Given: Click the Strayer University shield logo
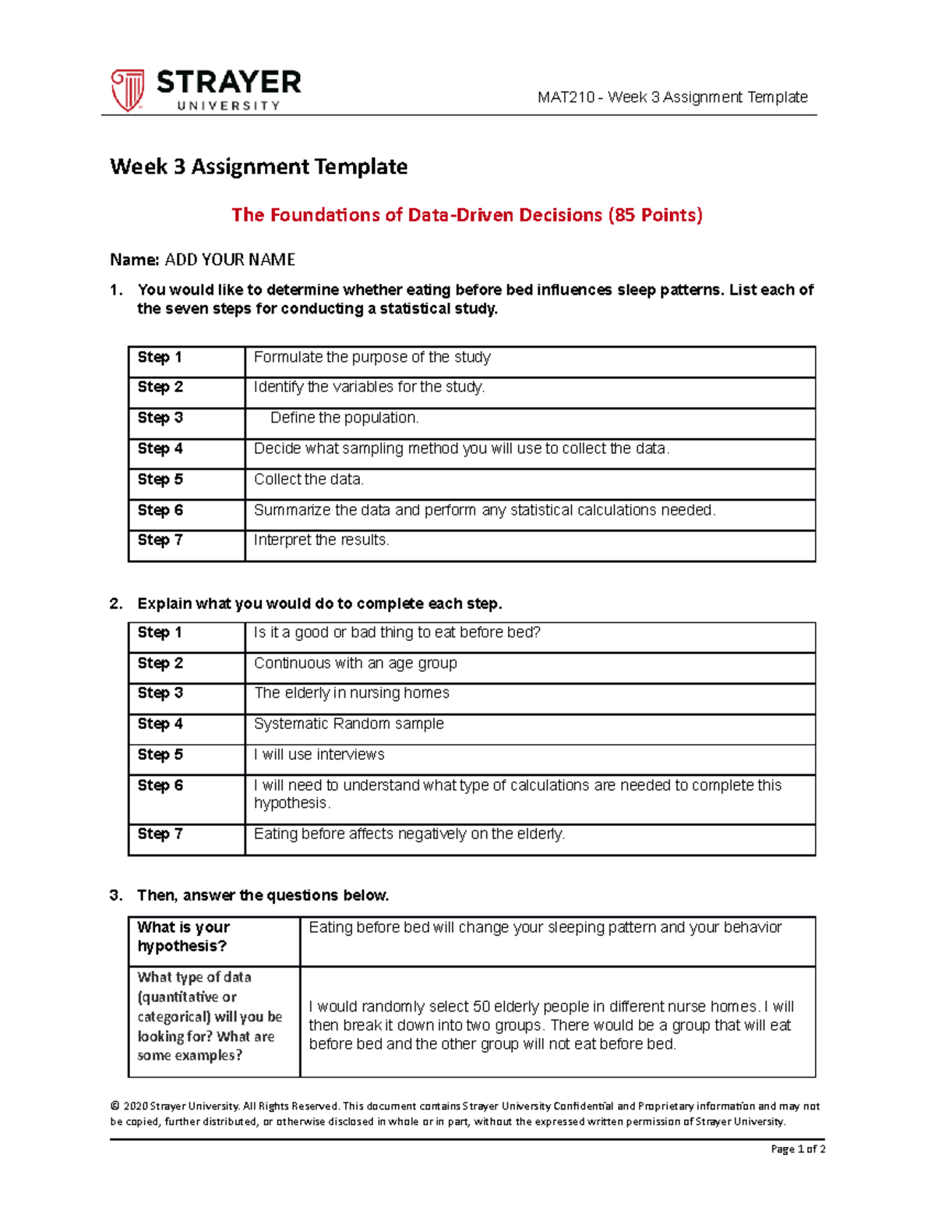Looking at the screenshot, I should click(x=127, y=90).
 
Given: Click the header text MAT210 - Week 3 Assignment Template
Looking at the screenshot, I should click(x=672, y=97).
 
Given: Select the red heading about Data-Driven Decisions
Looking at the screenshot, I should click(x=467, y=215).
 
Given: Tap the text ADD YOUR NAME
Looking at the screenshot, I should click(x=230, y=260).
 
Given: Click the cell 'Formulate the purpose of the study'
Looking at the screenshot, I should click(x=372, y=358).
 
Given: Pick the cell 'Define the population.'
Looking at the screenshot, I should click(x=344, y=418).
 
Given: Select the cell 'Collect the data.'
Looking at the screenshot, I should click(x=309, y=480).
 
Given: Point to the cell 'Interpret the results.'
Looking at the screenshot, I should click(x=321, y=540).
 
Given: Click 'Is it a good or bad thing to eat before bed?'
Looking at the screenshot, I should click(x=397, y=632).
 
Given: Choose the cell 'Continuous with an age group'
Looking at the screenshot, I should click(x=355, y=664).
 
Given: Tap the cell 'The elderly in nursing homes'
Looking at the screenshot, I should click(x=351, y=693).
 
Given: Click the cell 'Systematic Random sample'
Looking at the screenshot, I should click(x=348, y=724).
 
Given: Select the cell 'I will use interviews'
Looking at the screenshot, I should click(x=319, y=755).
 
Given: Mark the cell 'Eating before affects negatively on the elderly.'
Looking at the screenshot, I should click(x=409, y=834).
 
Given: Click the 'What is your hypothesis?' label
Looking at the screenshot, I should click(x=183, y=937).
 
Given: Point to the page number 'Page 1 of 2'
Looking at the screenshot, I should click(x=797, y=1149).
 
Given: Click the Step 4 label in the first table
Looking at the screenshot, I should click(x=160, y=449).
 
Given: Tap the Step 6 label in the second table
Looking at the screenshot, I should click(x=160, y=786).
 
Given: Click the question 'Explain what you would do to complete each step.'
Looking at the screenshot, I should click(x=319, y=604).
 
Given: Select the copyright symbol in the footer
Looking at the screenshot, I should click(x=115, y=1106).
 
